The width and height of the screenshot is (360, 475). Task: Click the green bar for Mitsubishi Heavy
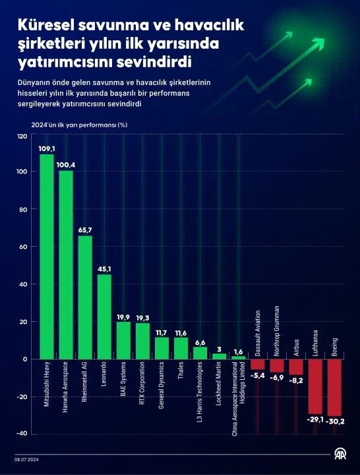click(47, 257)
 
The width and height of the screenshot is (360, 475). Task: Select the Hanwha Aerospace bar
click(66, 265)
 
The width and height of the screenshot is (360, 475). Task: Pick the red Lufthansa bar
click(315, 386)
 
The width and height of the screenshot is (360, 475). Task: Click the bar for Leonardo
click(104, 317)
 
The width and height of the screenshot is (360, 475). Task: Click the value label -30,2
click(335, 421)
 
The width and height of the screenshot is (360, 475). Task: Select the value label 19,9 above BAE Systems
click(123, 317)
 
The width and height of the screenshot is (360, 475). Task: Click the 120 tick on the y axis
click(22, 136)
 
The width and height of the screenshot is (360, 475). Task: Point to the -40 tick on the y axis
click(21, 433)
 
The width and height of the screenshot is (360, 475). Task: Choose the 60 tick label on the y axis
click(23, 247)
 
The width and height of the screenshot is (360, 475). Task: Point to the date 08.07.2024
click(28, 460)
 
